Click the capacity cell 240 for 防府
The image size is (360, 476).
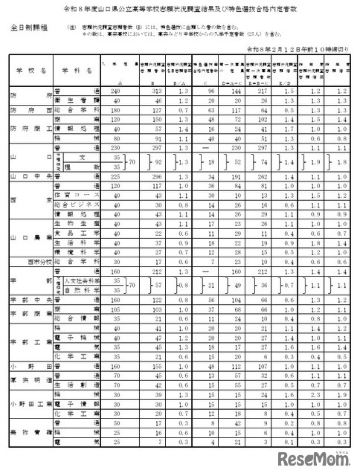(113, 91)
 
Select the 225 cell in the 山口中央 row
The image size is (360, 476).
(113, 178)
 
